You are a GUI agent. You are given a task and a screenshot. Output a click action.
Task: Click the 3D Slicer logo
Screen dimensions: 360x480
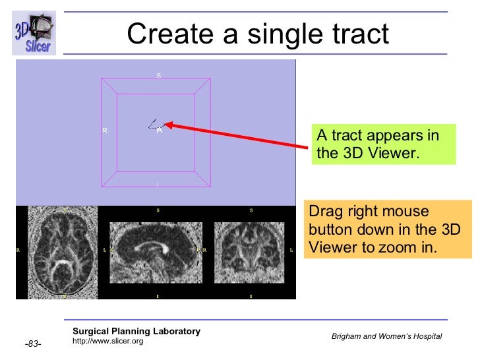(34, 32)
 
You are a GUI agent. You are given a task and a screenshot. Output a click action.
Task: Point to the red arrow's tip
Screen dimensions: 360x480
(165, 123)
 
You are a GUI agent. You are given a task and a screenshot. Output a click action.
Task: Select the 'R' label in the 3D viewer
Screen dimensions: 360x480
(105, 131)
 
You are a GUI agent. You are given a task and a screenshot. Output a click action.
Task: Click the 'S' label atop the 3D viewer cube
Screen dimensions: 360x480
(158, 75)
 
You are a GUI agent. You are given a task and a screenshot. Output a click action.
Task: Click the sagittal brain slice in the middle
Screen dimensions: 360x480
(157, 251)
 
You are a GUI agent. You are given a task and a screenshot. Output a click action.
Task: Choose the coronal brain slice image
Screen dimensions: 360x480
(251, 251)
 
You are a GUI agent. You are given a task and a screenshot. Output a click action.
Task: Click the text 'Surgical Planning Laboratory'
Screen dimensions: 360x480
(136, 331)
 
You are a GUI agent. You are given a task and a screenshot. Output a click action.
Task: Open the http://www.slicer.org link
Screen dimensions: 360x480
(107, 341)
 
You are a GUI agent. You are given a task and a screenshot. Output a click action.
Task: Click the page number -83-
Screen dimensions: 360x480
(34, 344)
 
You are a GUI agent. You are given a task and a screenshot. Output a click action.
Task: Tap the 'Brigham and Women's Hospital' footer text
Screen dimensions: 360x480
(386, 336)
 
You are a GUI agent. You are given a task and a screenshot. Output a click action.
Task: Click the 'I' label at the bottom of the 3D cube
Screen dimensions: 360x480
(157, 184)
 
